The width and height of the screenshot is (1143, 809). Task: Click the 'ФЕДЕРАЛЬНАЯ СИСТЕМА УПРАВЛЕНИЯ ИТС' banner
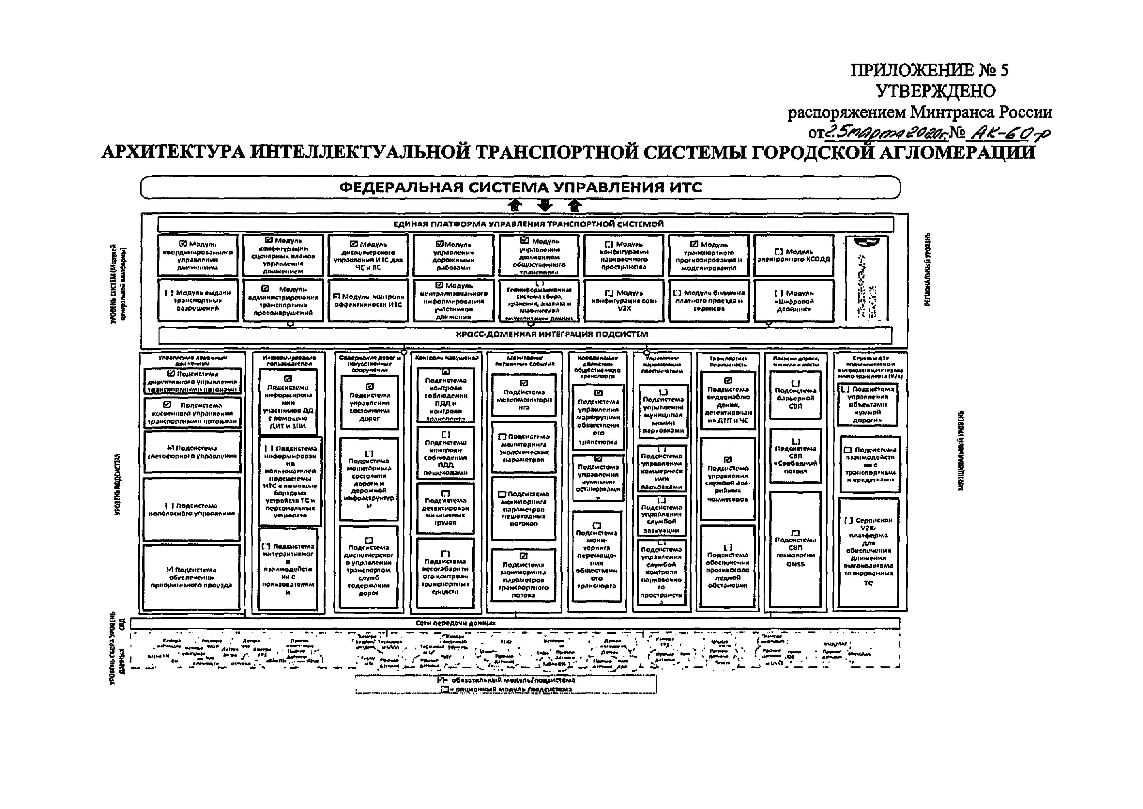520,188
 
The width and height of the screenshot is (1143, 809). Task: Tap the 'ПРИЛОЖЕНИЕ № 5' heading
928,70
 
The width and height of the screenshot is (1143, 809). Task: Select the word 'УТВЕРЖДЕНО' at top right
936,91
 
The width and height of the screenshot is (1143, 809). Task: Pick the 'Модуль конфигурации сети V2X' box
624,300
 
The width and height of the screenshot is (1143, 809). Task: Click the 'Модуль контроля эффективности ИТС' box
368,300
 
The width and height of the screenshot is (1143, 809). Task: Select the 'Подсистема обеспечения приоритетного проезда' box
192,577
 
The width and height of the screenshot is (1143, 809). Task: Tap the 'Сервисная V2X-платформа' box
868,552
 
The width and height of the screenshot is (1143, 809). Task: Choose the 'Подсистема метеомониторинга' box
523,395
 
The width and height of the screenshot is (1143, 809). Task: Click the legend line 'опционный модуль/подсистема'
508,690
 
